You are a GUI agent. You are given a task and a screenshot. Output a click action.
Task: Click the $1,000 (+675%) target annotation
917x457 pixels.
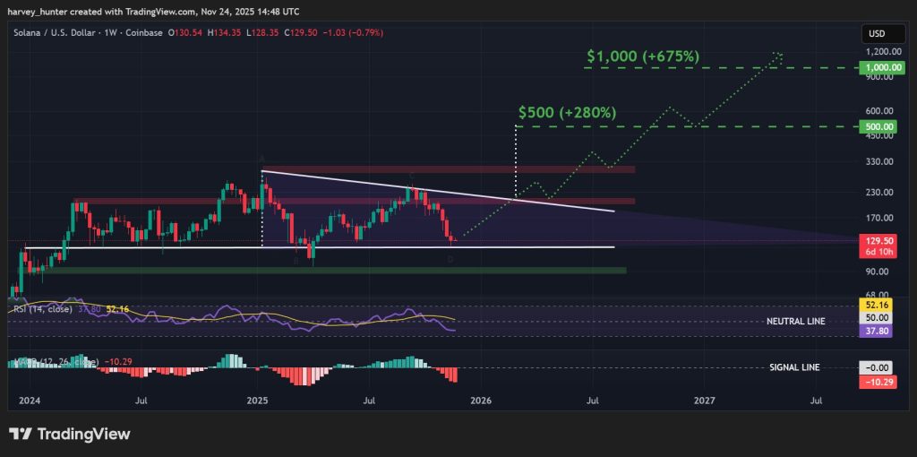(642, 56)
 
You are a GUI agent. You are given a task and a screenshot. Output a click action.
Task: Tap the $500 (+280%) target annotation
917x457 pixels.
(567, 113)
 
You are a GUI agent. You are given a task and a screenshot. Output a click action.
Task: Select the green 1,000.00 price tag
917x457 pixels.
(877, 67)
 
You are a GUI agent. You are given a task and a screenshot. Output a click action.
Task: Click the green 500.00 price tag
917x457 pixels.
(877, 127)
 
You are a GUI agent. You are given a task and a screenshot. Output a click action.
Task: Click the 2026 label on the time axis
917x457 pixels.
(481, 401)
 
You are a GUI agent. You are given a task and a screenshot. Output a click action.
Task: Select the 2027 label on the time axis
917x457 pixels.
(704, 401)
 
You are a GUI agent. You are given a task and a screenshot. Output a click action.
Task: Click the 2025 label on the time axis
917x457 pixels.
(257, 401)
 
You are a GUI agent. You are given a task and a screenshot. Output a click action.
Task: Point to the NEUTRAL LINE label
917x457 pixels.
(795, 320)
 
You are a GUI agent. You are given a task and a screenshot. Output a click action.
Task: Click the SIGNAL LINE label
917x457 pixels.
(794, 367)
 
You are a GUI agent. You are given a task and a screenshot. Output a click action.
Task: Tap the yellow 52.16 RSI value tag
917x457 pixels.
(877, 306)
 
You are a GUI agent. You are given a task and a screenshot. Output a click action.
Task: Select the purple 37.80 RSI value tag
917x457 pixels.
(877, 331)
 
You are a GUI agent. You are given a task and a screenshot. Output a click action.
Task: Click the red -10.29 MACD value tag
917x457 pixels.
(877, 380)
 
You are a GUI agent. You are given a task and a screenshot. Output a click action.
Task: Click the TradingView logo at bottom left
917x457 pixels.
(70, 435)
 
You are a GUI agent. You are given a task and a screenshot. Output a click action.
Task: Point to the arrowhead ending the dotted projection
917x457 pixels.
(780, 55)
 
